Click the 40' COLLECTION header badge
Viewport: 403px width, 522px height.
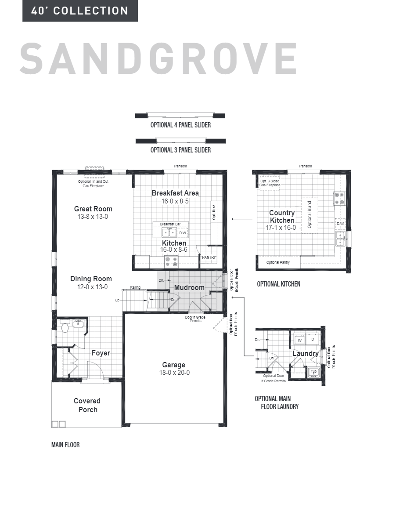coord(80,11)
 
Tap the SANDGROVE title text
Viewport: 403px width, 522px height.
coord(158,59)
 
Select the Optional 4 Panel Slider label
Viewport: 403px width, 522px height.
coord(180,125)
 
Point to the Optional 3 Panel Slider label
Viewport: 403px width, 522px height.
coord(180,150)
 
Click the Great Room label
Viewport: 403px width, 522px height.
coord(93,209)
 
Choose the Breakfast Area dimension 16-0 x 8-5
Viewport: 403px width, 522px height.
coord(175,201)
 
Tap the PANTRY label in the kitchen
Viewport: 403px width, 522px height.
coord(209,257)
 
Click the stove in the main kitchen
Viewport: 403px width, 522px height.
coord(171,262)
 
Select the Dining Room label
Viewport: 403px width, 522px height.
coord(91,279)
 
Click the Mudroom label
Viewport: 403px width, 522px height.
coord(189,288)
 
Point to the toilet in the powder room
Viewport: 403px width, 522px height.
coord(65,327)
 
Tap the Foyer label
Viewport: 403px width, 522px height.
coord(101,353)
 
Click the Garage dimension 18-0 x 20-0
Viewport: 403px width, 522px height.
coord(173,373)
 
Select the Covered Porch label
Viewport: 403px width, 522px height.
coord(87,405)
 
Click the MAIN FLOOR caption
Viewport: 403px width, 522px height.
coord(65,445)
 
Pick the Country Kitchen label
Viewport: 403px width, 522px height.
coord(282,217)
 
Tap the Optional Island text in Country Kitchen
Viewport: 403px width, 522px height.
coord(309,215)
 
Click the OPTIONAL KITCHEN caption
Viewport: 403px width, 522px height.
coord(279,284)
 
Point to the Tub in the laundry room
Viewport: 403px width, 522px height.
coord(313,372)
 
